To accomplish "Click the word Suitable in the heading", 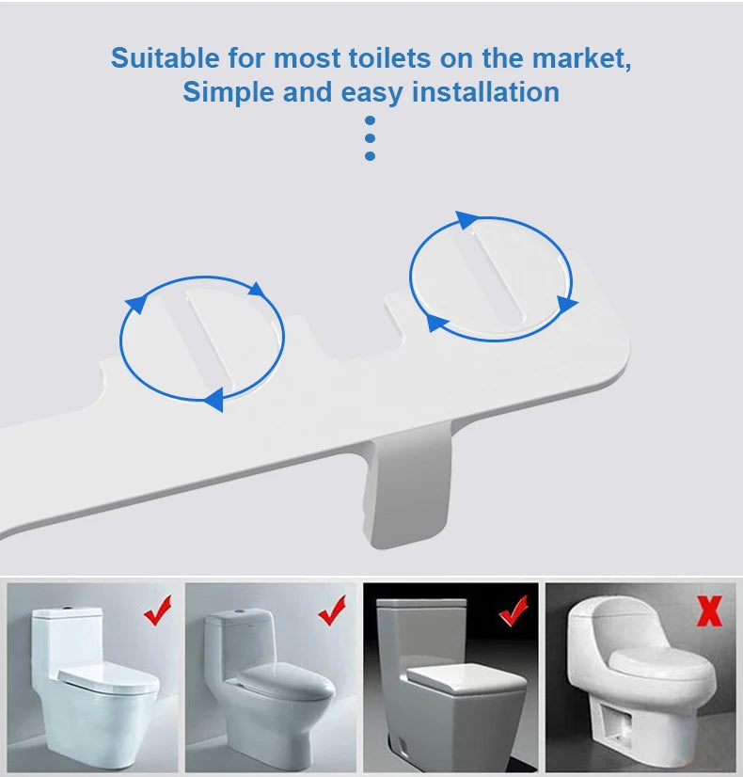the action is [x=165, y=58].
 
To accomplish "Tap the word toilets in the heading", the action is [x=389, y=58].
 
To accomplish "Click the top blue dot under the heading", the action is [x=370, y=121].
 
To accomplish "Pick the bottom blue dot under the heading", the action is [x=370, y=156].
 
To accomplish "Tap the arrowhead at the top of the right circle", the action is [x=466, y=219].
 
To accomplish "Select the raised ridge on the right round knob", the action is [x=497, y=274].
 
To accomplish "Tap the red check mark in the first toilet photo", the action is [x=158, y=610].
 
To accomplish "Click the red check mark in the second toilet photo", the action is [x=332, y=610].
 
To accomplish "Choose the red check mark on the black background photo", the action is [x=514, y=610].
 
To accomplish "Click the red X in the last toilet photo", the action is [x=709, y=611].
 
